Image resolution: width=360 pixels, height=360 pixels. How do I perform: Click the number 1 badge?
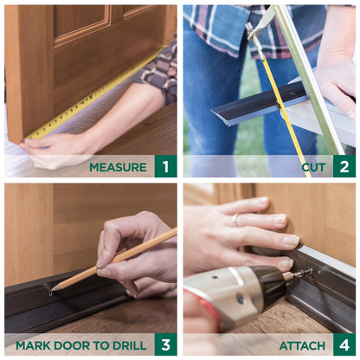tap(166, 166)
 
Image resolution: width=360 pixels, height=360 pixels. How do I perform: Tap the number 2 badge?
tap(344, 166)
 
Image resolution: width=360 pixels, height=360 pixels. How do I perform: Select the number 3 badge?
tap(166, 345)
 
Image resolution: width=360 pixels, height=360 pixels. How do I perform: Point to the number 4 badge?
tap(344, 345)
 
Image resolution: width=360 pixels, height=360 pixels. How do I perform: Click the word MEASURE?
tap(118, 167)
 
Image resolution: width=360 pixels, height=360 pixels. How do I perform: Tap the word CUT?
tap(313, 167)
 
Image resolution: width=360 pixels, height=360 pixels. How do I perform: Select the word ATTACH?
tap(302, 345)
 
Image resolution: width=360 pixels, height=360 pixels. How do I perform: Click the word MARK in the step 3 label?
tap(35, 345)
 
